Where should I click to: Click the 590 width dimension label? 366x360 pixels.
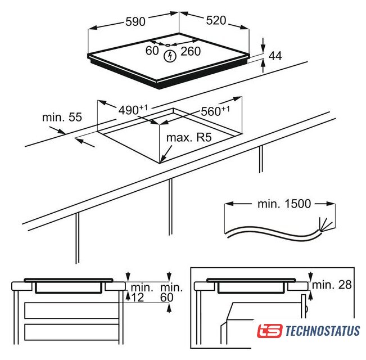click(x=135, y=22)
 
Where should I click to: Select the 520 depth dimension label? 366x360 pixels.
click(x=216, y=21)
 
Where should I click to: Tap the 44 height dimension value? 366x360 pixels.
click(x=275, y=56)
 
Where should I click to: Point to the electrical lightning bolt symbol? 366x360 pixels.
click(x=170, y=56)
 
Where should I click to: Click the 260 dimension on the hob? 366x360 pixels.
click(x=191, y=51)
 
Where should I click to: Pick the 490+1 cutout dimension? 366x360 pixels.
click(x=133, y=110)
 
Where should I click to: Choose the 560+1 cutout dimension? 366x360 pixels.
click(x=215, y=111)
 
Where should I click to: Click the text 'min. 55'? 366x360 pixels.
click(x=62, y=117)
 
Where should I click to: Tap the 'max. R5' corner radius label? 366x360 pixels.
click(x=189, y=137)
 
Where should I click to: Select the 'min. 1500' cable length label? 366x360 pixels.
click(x=284, y=204)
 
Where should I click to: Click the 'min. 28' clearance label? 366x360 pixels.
click(x=332, y=285)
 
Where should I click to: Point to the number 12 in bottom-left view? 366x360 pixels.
click(x=138, y=298)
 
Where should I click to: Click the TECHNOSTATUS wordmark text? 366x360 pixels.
click(x=323, y=331)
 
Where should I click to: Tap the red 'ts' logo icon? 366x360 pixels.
click(x=270, y=331)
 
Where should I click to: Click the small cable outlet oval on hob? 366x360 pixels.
click(x=168, y=45)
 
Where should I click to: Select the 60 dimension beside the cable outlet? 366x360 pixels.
click(x=152, y=51)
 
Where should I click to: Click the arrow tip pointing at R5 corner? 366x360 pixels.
click(x=161, y=161)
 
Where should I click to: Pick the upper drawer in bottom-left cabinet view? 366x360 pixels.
click(x=71, y=310)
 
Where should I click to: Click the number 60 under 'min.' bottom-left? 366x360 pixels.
click(x=167, y=298)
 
